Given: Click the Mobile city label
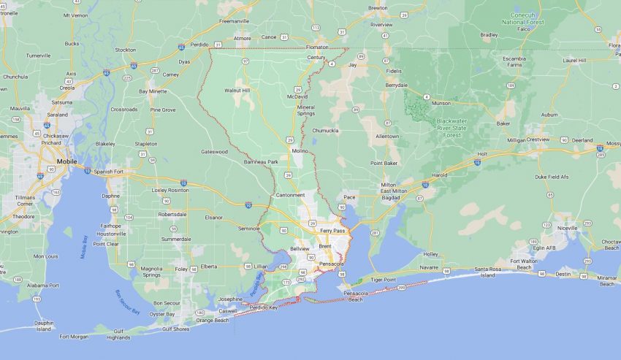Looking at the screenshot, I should [66, 160].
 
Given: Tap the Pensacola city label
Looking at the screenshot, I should [331, 263].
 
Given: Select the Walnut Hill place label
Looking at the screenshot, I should [237, 91].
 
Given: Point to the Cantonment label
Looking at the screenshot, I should [291, 195].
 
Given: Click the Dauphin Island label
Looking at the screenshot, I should [44, 325].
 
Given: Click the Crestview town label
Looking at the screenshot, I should [537, 139].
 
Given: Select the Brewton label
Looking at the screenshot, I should [378, 7].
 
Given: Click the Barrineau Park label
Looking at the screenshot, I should [261, 161].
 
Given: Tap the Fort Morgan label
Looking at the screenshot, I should [74, 337].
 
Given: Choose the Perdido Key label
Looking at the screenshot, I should [264, 307].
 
